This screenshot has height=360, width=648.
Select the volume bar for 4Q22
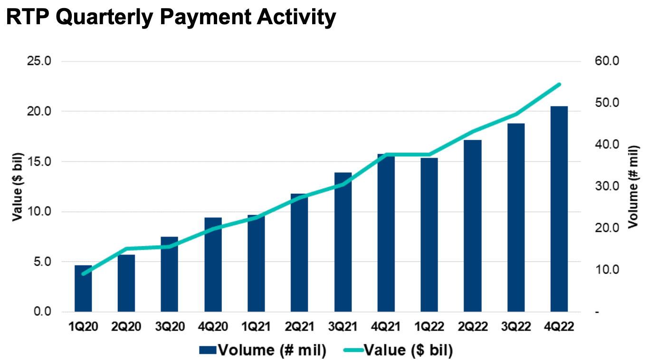pyautogui.click(x=559, y=209)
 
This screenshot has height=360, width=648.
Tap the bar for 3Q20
pyautogui.click(x=169, y=275)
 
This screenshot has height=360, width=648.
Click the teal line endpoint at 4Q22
pyautogui.click(x=559, y=85)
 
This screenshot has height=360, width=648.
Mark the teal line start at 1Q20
pyautogui.click(x=84, y=274)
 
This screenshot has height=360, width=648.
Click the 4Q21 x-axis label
pyautogui.click(x=386, y=327)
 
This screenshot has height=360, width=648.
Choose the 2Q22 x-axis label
pyautogui.click(x=472, y=327)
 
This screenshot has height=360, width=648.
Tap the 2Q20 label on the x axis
pyautogui.click(x=126, y=327)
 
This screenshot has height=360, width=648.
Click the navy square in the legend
pyautogui.click(x=207, y=351)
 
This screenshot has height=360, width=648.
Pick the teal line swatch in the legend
pyautogui.click(x=352, y=351)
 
